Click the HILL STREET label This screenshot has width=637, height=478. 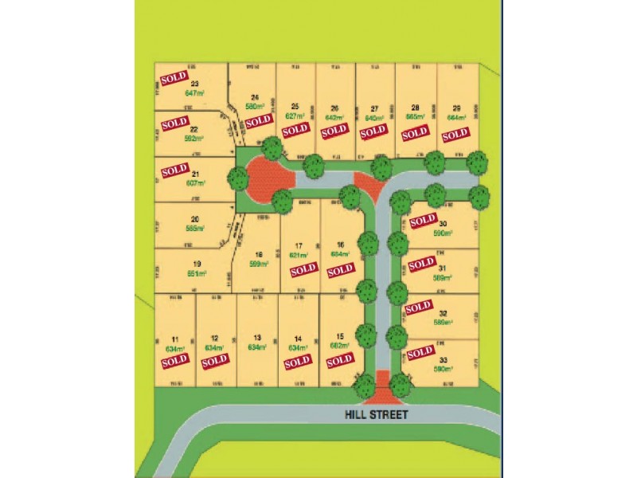point(376,414)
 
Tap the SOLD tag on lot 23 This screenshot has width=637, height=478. point(174,79)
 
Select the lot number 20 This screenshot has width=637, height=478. point(193,220)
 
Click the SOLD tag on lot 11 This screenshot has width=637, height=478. point(174,361)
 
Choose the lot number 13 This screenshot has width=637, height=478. point(256,338)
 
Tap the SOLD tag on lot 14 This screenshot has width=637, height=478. point(297,362)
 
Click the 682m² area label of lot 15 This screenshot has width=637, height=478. point(339,346)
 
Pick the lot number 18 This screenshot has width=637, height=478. point(258,255)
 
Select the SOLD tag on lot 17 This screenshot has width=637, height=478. point(303,270)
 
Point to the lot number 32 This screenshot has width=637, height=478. point(443,313)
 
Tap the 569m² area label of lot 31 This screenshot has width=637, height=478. point(442,277)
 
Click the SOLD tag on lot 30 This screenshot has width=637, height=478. point(422,219)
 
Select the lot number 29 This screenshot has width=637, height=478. point(455,108)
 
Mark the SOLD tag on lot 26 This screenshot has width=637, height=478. point(334,130)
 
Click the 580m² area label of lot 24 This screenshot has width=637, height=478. point(255,107)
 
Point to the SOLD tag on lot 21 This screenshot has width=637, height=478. point(174,170)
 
